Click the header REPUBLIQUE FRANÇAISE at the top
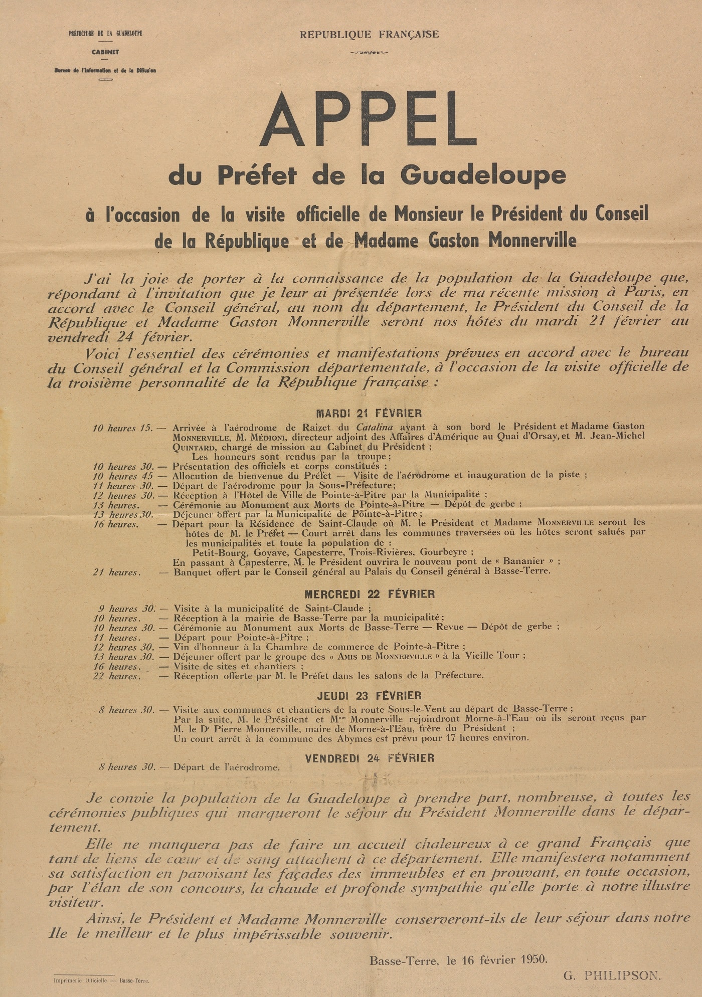pos(369,35)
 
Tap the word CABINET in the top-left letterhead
pos(105,52)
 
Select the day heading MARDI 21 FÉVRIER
pos(369,414)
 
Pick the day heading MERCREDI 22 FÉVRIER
pos(370,594)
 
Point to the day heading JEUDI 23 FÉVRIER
pos(369,696)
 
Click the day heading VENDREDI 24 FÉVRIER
pos(370,758)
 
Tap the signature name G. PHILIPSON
pos(612,975)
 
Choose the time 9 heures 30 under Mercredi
pos(125,609)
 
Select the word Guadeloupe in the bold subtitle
pos(483,175)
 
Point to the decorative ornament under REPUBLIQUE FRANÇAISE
pos(369,52)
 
